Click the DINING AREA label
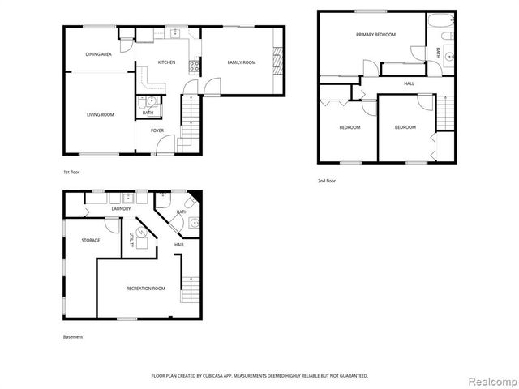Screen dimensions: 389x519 click(98, 54)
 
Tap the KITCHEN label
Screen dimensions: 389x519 click(166, 62)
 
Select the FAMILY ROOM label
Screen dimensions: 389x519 click(242, 62)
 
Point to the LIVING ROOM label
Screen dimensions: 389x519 click(101, 115)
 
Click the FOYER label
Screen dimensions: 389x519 click(157, 130)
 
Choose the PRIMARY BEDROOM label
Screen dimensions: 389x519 click(375, 35)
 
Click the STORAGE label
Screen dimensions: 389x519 click(90, 241)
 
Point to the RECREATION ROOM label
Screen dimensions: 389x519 click(145, 289)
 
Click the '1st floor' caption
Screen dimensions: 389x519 click(72, 173)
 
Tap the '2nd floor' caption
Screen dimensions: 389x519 click(327, 181)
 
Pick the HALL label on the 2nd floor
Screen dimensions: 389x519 click(410, 83)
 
